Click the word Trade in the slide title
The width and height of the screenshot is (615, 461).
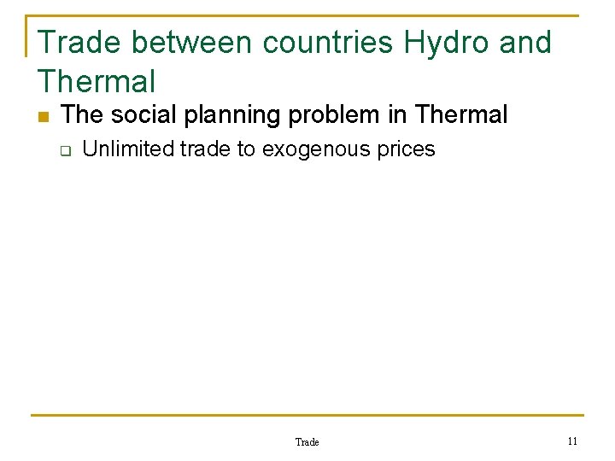click(80, 42)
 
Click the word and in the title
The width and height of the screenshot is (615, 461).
click(526, 42)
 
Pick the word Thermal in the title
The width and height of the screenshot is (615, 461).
click(97, 82)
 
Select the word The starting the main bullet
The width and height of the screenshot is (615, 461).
click(82, 114)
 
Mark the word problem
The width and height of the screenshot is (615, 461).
click(325, 114)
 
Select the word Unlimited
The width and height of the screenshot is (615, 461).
click(128, 149)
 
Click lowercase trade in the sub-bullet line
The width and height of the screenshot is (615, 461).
click(206, 149)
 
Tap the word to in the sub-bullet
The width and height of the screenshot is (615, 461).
click(246, 149)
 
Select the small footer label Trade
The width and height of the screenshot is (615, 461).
click(307, 442)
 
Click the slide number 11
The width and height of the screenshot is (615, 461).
click(572, 441)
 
